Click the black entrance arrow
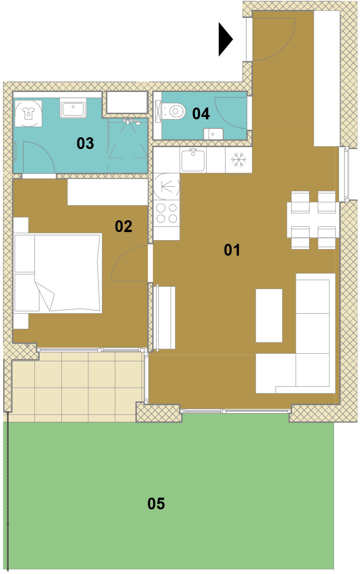[225, 39]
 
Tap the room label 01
[232, 250]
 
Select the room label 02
[123, 226]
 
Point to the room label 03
[85, 143]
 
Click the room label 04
[201, 114]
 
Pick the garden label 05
[156, 504]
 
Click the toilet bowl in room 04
[174, 111]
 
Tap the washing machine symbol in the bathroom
[28, 114]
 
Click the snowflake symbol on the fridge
[238, 159]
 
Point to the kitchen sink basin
[193, 161]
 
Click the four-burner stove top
[167, 213]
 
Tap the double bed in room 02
[58, 273]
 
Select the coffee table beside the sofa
[269, 316]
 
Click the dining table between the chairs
[313, 220]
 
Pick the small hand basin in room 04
[213, 134]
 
